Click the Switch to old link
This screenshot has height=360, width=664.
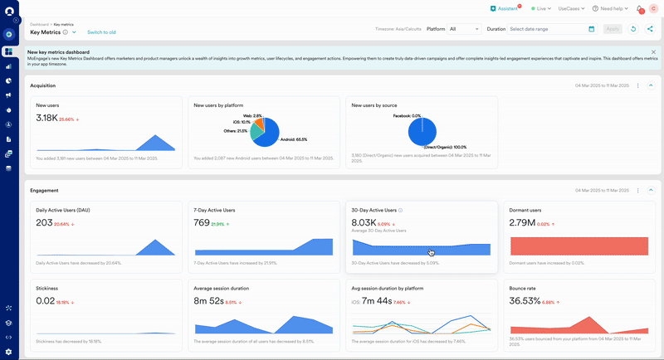tap(101, 32)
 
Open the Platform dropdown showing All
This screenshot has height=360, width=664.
tap(463, 29)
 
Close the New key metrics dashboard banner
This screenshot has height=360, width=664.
tap(653, 52)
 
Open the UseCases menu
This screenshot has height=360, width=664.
tap(571, 8)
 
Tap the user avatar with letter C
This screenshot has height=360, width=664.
tap(652, 9)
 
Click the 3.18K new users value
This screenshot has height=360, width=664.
tap(46, 119)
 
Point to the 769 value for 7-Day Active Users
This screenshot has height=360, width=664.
tap(202, 223)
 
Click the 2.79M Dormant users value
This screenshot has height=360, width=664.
tap(521, 223)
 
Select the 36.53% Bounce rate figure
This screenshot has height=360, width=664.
tap(525, 300)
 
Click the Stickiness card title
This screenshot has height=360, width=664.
tap(46, 288)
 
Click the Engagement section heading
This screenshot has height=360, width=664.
tap(44, 190)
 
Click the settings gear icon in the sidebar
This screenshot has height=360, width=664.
tap(8, 352)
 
